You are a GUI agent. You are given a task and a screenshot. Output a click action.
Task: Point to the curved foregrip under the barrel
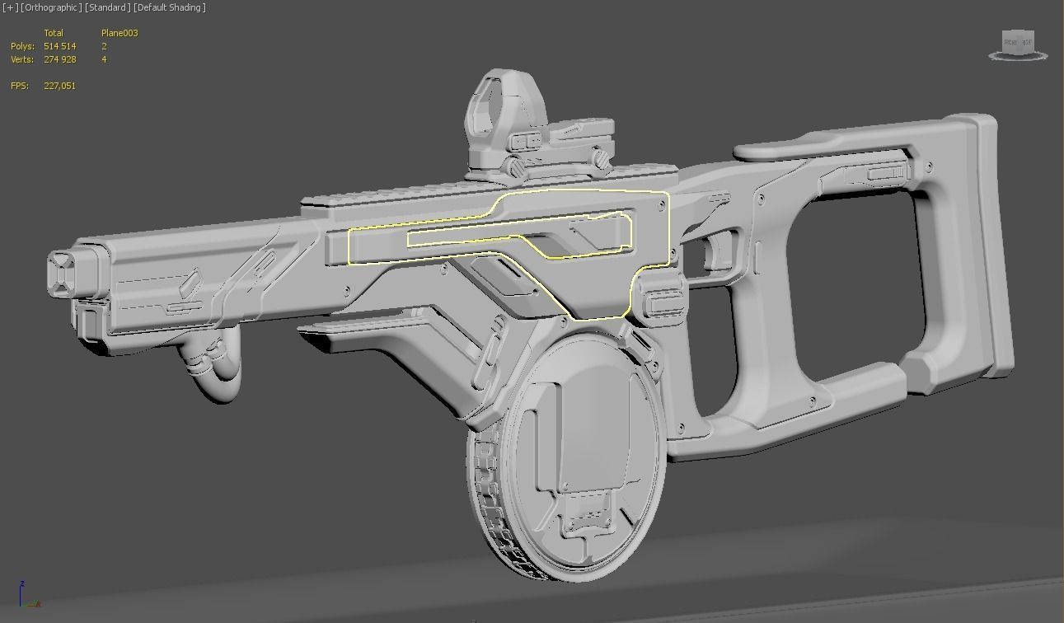[210, 371]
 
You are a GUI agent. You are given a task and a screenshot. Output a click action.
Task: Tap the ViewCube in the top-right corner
[1018, 44]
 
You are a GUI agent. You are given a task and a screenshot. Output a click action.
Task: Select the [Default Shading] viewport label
[170, 7]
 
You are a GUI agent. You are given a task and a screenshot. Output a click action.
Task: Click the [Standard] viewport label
[108, 7]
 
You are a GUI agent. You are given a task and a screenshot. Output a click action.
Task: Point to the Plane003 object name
[120, 33]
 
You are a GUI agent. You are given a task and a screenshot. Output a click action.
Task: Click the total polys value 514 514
[59, 46]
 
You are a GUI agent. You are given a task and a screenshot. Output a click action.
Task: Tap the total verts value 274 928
[59, 59]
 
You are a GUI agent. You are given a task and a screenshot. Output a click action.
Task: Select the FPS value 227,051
[59, 86]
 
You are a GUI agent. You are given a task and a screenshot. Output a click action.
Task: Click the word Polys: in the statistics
[22, 46]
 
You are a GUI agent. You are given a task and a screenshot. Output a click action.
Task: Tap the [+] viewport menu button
[10, 7]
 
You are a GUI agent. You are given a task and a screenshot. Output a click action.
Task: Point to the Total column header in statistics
[54, 33]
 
